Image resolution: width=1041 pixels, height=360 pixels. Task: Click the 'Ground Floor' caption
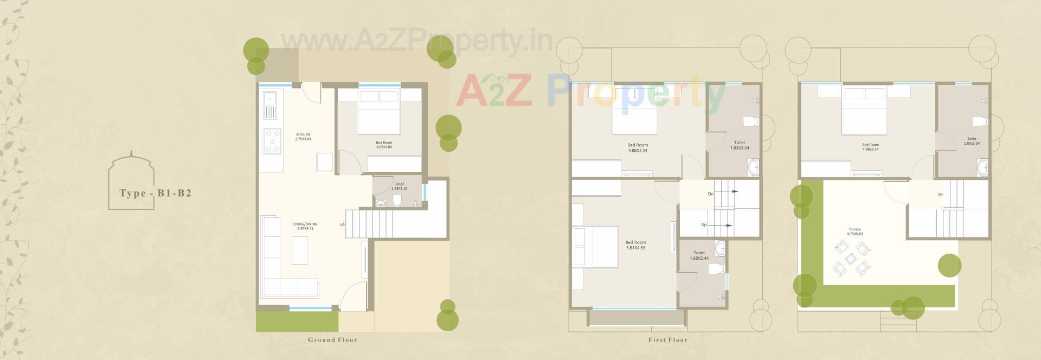click(332, 340)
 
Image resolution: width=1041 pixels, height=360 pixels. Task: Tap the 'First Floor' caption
click(667, 340)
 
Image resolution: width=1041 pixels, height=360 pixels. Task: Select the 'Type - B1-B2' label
click(156, 194)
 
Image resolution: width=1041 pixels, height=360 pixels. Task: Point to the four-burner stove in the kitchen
click(272, 140)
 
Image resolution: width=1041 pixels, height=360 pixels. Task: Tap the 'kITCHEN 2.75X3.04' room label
click(303, 137)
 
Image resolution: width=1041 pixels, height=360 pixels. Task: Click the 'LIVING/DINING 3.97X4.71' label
click(305, 226)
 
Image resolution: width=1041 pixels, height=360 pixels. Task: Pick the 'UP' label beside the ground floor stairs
click(342, 224)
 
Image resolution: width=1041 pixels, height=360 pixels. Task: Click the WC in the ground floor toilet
click(397, 201)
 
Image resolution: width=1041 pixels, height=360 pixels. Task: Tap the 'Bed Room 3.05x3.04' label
click(384, 145)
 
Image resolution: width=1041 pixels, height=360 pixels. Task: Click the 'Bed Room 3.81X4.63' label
click(635, 245)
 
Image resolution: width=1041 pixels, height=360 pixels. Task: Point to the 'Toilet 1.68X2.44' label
click(699, 255)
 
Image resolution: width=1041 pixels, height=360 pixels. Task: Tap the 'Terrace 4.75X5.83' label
click(854, 232)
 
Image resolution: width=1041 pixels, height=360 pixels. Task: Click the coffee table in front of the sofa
click(299, 250)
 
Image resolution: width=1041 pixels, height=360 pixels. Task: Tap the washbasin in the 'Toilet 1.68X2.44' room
click(720, 249)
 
